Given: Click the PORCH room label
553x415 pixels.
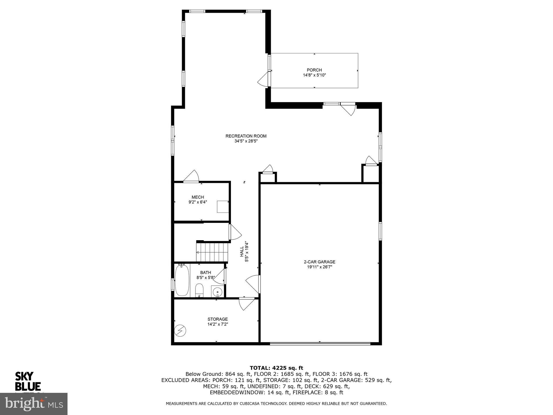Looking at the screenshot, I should coord(314,70).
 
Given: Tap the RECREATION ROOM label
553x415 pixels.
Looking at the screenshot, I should coord(246,136).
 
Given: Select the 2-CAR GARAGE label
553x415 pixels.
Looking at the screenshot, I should coord(319,262).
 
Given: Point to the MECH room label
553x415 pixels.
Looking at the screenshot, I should coord(198,197).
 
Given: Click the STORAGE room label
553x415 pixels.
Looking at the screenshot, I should coord(217,319).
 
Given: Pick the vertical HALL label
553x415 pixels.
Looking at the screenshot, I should coord(242,252).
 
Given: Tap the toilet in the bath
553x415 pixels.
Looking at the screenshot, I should coord(199,290).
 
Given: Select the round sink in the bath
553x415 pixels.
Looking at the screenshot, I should coord(217,292).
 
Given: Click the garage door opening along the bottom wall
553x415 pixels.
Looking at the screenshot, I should coord(320,344).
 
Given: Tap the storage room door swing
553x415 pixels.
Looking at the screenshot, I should coord(246,304).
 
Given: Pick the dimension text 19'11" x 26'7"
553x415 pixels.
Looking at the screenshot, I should coord(319,267).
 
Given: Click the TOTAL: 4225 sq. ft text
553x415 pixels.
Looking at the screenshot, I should coord(276,368).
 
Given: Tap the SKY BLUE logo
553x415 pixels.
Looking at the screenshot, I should coord(28,381).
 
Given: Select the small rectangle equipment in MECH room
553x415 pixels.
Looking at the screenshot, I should coord(223,207).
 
